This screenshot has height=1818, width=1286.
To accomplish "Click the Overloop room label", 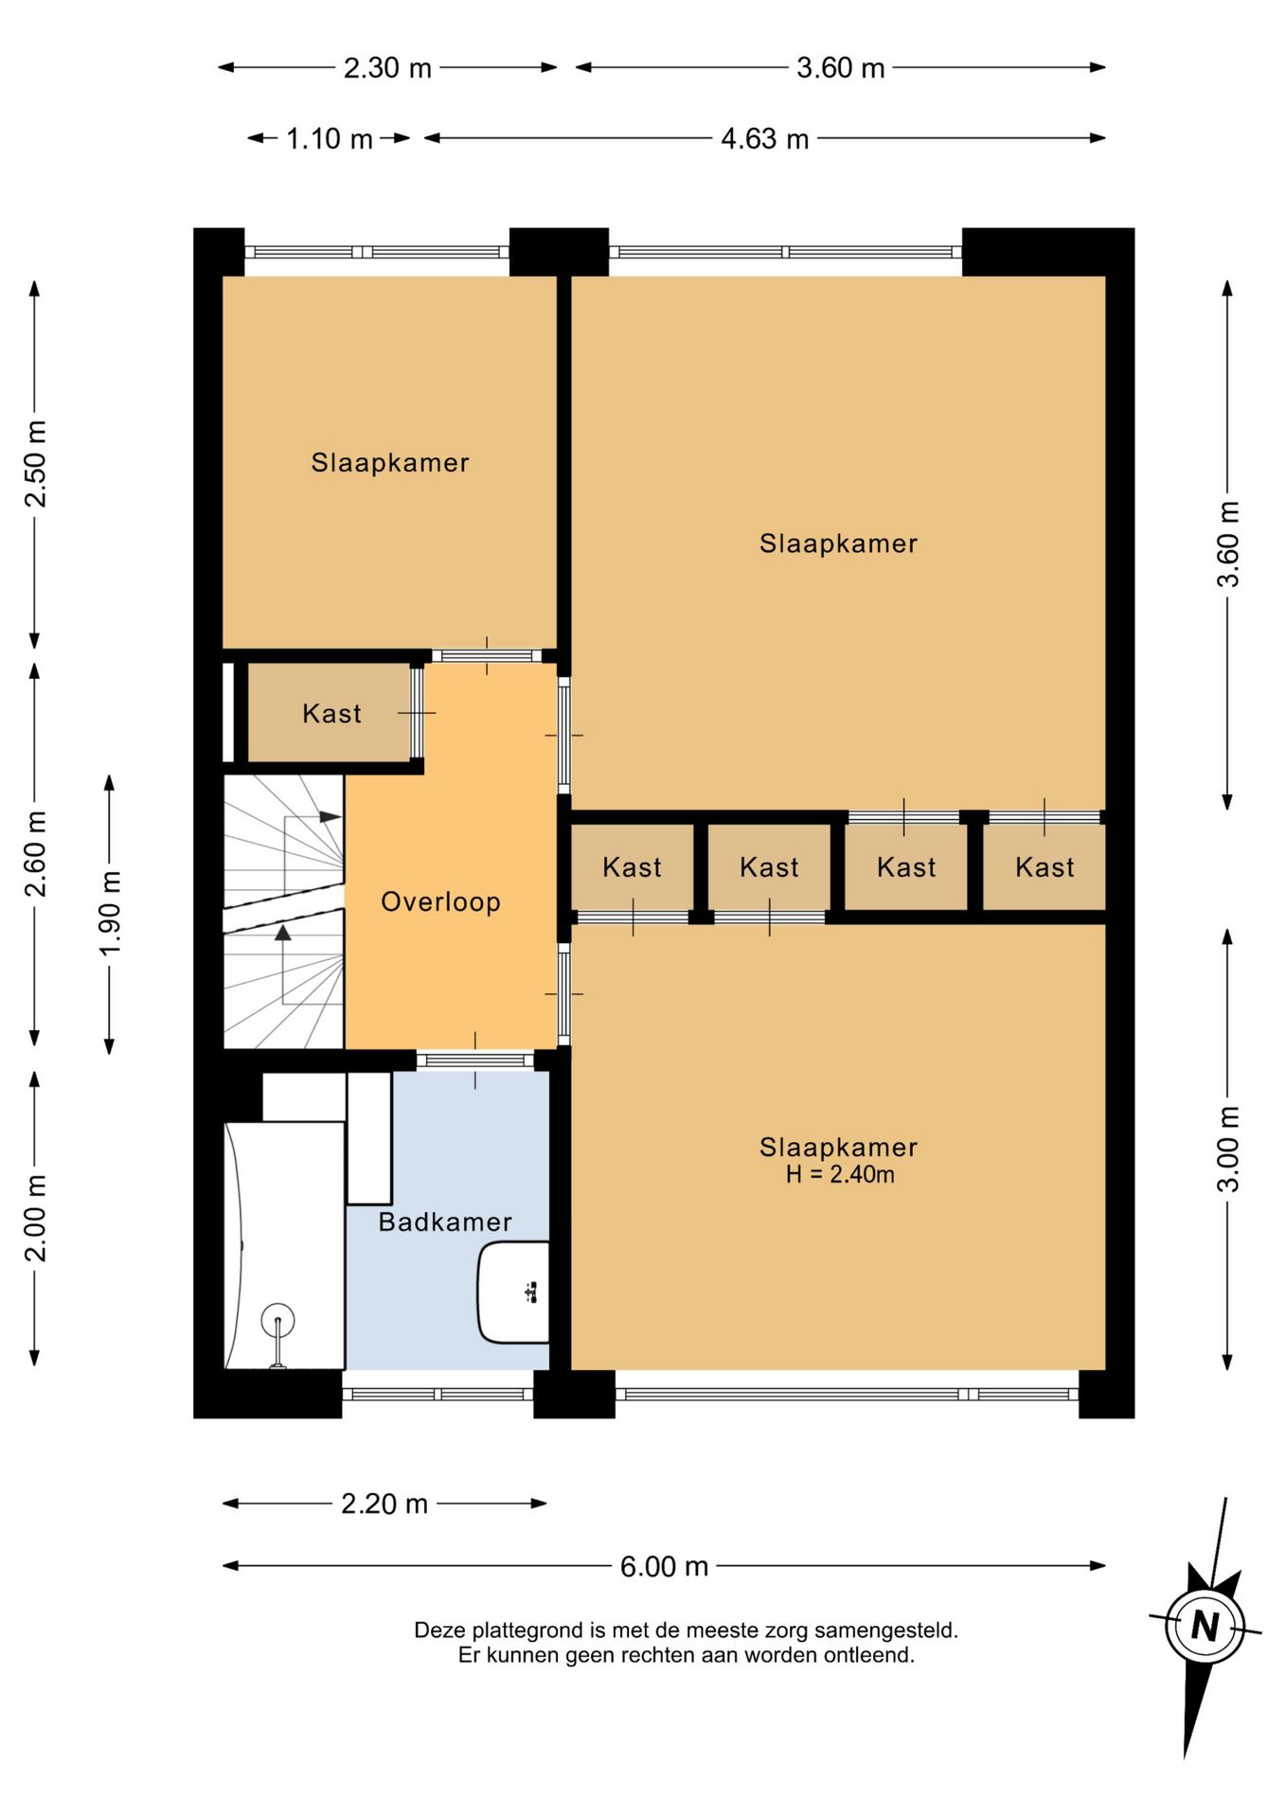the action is pos(440,901).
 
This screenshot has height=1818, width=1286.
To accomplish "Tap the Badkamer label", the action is pos(445,1221).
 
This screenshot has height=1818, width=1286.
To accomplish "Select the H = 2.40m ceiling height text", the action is pos(840,1175).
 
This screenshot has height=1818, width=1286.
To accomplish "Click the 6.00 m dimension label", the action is pos(664,1566).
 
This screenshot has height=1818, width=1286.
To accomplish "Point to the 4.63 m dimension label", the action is pos(765,139).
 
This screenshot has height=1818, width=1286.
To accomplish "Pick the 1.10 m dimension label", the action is pos(330,139).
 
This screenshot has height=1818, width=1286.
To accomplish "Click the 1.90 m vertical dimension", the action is pos(111,914).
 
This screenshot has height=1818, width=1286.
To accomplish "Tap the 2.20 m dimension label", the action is pos(384,1504).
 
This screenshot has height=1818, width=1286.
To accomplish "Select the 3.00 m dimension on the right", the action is pos(1228,1149).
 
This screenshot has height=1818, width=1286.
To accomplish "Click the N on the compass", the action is pos(1205,1627).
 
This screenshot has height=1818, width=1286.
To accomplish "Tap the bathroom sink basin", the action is pos(513,1292).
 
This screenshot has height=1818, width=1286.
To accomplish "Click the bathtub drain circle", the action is pos(278,1320).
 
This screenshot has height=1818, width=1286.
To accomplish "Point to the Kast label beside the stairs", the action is pos(331,713).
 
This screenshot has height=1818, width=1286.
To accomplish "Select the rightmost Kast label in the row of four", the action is pos(1045,866).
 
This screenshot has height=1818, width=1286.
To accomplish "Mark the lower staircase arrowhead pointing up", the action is pos(282,934).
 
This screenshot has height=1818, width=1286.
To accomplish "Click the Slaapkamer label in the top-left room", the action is pos(390,463).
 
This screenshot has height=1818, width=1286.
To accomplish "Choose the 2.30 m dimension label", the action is pos(387,68).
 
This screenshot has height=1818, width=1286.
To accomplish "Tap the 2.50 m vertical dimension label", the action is pos(36,464).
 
